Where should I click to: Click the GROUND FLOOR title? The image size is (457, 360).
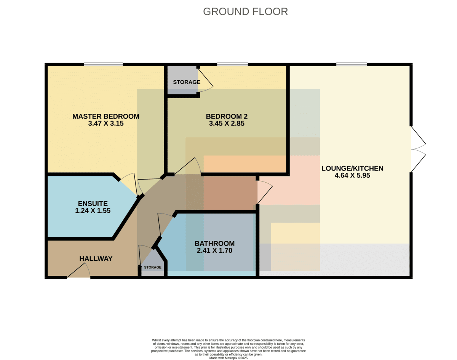pyautogui.click(x=246, y=12)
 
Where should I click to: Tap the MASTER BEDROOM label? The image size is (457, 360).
pyautogui.click(x=106, y=116)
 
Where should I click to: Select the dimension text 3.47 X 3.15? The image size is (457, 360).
pyautogui.click(x=106, y=123)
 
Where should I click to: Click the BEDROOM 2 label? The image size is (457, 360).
pyautogui.click(x=227, y=116)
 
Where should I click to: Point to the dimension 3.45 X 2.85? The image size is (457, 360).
pyautogui.click(x=227, y=123)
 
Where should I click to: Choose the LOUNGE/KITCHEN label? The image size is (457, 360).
pyautogui.click(x=352, y=168)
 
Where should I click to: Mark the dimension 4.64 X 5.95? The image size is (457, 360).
pyautogui.click(x=352, y=175)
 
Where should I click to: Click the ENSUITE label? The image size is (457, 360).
pyautogui.click(x=93, y=204)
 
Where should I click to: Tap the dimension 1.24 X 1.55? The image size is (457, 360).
pyautogui.click(x=93, y=210)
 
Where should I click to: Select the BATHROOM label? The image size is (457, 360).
pyautogui.click(x=214, y=244)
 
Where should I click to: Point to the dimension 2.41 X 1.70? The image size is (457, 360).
pyautogui.click(x=214, y=250)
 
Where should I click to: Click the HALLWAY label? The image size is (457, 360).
pyautogui.click(x=96, y=258)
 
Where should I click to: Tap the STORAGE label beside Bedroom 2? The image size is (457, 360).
pyautogui.click(x=187, y=82)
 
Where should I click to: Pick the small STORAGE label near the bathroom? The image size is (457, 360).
pyautogui.click(x=153, y=267)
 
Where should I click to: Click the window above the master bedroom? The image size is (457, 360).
pyautogui.click(x=104, y=64)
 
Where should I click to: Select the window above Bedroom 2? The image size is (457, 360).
pyautogui.click(x=232, y=64)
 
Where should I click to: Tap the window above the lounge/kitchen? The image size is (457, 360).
pyautogui.click(x=352, y=64)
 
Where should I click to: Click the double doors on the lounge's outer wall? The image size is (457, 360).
pyautogui.click(x=419, y=149)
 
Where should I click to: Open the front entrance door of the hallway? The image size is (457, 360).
pyautogui.click(x=79, y=271)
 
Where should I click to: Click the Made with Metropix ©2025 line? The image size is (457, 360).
pyautogui.click(x=228, y=358)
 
